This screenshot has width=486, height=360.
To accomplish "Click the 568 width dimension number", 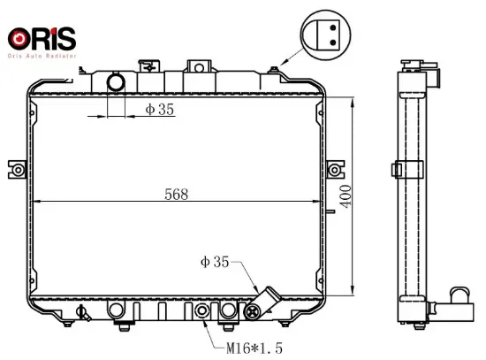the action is (176, 195).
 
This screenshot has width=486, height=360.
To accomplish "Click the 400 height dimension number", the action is (346, 196).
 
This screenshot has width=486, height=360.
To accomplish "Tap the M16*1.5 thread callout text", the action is (254, 349).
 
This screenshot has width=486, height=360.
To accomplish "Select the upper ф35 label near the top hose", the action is (160, 110).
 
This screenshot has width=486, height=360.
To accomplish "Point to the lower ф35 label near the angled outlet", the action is (215, 262).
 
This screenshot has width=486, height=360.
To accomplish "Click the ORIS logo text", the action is (42, 39).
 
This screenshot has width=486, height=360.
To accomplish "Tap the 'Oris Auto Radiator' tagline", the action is (42, 56).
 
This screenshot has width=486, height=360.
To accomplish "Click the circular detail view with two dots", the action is (325, 34).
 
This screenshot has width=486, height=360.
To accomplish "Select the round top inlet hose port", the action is (116, 82).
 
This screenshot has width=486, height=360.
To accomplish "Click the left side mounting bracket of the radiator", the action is (17, 170).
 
